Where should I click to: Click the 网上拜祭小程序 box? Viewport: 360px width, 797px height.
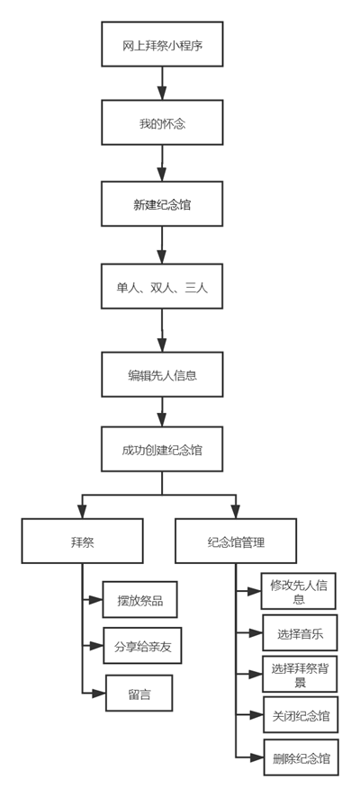pos(162,44)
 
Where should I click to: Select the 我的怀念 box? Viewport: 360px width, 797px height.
pos(162,122)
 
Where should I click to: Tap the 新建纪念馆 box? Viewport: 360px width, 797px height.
pos(162,204)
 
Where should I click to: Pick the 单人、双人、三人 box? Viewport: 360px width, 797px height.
pos(162,286)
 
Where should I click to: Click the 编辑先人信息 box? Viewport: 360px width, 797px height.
pos(162,374)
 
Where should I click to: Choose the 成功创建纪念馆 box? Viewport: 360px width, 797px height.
pos(162,449)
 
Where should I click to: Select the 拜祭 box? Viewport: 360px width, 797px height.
pos(83,541)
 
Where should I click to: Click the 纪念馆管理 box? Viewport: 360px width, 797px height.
pos(236,541)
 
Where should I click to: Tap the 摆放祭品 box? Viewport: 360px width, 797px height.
pos(139,599)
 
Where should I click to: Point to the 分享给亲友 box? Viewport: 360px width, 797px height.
pos(142,646)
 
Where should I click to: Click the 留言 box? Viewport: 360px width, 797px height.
pos(139,693)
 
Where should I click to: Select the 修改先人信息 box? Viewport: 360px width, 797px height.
pos(299,591)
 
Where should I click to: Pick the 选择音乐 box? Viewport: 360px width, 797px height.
pos(300,632)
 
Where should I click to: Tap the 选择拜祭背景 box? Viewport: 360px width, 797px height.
pos(300,674)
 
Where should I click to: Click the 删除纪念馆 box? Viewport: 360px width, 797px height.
pos(301,757)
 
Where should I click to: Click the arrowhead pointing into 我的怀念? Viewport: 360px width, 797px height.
pos(162,93)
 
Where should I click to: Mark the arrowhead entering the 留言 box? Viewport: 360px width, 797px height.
pos(99,693)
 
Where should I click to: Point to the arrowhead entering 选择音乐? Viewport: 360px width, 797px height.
pos(256,632)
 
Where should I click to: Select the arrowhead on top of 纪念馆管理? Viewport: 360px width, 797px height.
pos(236,512)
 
